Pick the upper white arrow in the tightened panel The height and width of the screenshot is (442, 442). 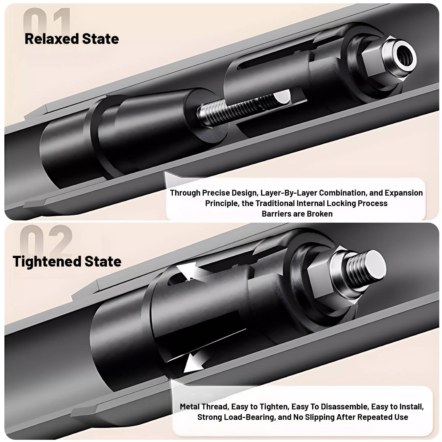click(191, 272)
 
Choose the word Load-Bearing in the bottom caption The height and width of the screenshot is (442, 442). click(250, 417)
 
